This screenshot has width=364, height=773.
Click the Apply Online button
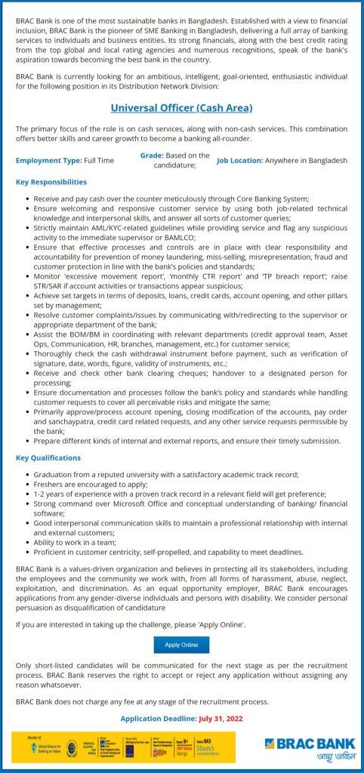(181, 645)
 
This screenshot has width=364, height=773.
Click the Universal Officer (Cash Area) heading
(181, 108)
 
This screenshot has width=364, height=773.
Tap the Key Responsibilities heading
(51, 182)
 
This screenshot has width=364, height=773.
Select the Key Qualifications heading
(48, 457)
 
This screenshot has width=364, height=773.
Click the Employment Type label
(48, 161)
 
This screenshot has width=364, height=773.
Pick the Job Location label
(240, 161)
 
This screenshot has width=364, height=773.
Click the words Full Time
(99, 161)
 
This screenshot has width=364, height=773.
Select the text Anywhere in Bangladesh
(307, 161)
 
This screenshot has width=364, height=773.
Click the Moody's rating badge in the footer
(219, 747)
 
